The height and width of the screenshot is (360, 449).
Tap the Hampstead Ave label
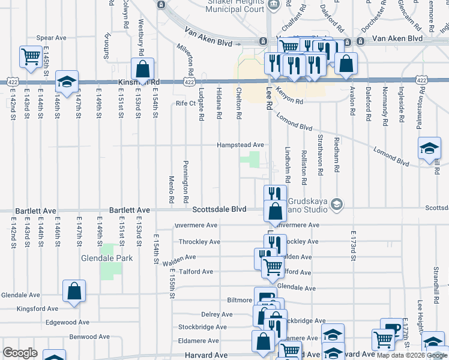[x=241, y=145]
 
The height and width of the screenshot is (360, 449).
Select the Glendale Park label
[x=106, y=259]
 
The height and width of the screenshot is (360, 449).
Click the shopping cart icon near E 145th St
[x=31, y=57]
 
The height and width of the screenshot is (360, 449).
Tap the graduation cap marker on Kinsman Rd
[x=67, y=81]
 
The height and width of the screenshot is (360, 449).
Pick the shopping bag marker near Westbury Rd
[x=143, y=68]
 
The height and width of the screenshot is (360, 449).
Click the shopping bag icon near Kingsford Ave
[x=74, y=292]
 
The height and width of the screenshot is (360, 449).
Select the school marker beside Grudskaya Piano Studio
[x=336, y=205]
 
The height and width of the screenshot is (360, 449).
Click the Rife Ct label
[x=186, y=103]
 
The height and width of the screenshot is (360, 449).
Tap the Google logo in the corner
[x=20, y=353]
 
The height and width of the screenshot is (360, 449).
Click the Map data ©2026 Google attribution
[x=412, y=355]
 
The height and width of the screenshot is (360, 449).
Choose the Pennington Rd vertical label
[x=186, y=181]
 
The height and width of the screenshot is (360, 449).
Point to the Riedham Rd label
[x=337, y=160]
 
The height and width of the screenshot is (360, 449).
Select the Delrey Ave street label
[x=217, y=314]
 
